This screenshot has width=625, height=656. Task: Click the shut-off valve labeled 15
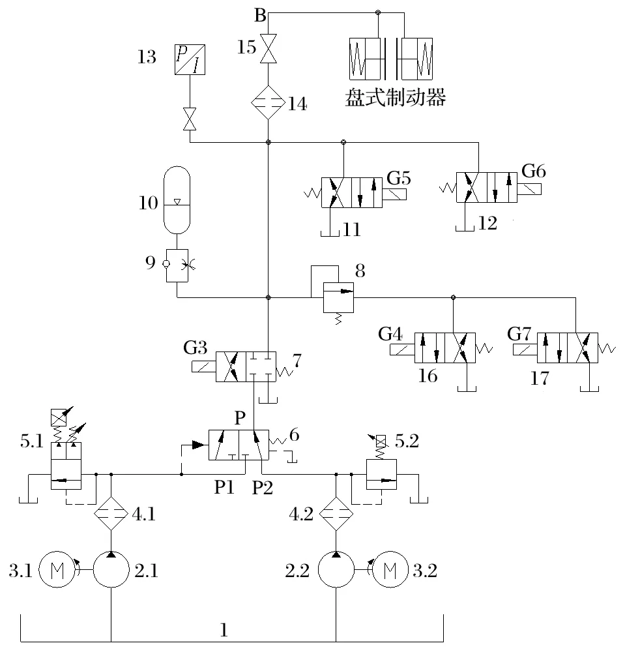(268, 48)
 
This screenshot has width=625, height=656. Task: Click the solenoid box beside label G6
(529, 189)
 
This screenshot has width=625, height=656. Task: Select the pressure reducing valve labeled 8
(338, 297)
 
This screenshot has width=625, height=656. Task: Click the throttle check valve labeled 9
(177, 265)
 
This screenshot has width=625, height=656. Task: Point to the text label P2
(262, 487)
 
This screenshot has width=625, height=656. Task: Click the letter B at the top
(260, 16)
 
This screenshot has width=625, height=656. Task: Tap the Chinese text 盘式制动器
(395, 97)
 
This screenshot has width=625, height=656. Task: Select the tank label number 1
(224, 630)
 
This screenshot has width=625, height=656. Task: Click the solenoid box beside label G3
(203, 366)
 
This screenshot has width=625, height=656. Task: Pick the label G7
(519, 334)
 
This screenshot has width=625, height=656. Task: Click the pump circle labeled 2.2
(336, 569)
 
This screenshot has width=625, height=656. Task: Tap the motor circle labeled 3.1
(57, 569)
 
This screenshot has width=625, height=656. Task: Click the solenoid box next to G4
(402, 350)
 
